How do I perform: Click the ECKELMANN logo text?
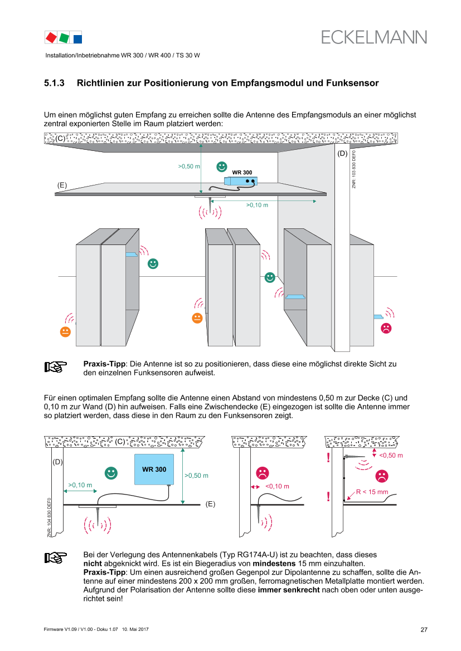click(374, 37)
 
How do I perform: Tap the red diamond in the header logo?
click(51, 37)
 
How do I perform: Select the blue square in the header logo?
click(77, 38)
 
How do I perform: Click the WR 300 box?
click(154, 469)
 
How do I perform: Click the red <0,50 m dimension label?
click(391, 455)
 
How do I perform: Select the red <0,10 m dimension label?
click(277, 486)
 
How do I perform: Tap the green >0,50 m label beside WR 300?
click(196, 476)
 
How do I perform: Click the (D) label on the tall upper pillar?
click(342, 153)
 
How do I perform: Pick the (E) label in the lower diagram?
click(210, 504)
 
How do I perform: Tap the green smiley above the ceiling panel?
click(222, 166)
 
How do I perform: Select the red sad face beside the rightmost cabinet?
click(386, 328)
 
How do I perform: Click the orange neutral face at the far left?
click(65, 331)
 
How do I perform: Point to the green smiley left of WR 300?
click(111, 473)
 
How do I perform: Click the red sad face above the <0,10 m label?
click(262, 473)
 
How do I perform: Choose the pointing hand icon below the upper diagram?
click(56, 367)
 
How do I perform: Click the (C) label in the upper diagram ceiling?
click(60, 139)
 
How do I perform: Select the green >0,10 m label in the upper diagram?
click(257, 205)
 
